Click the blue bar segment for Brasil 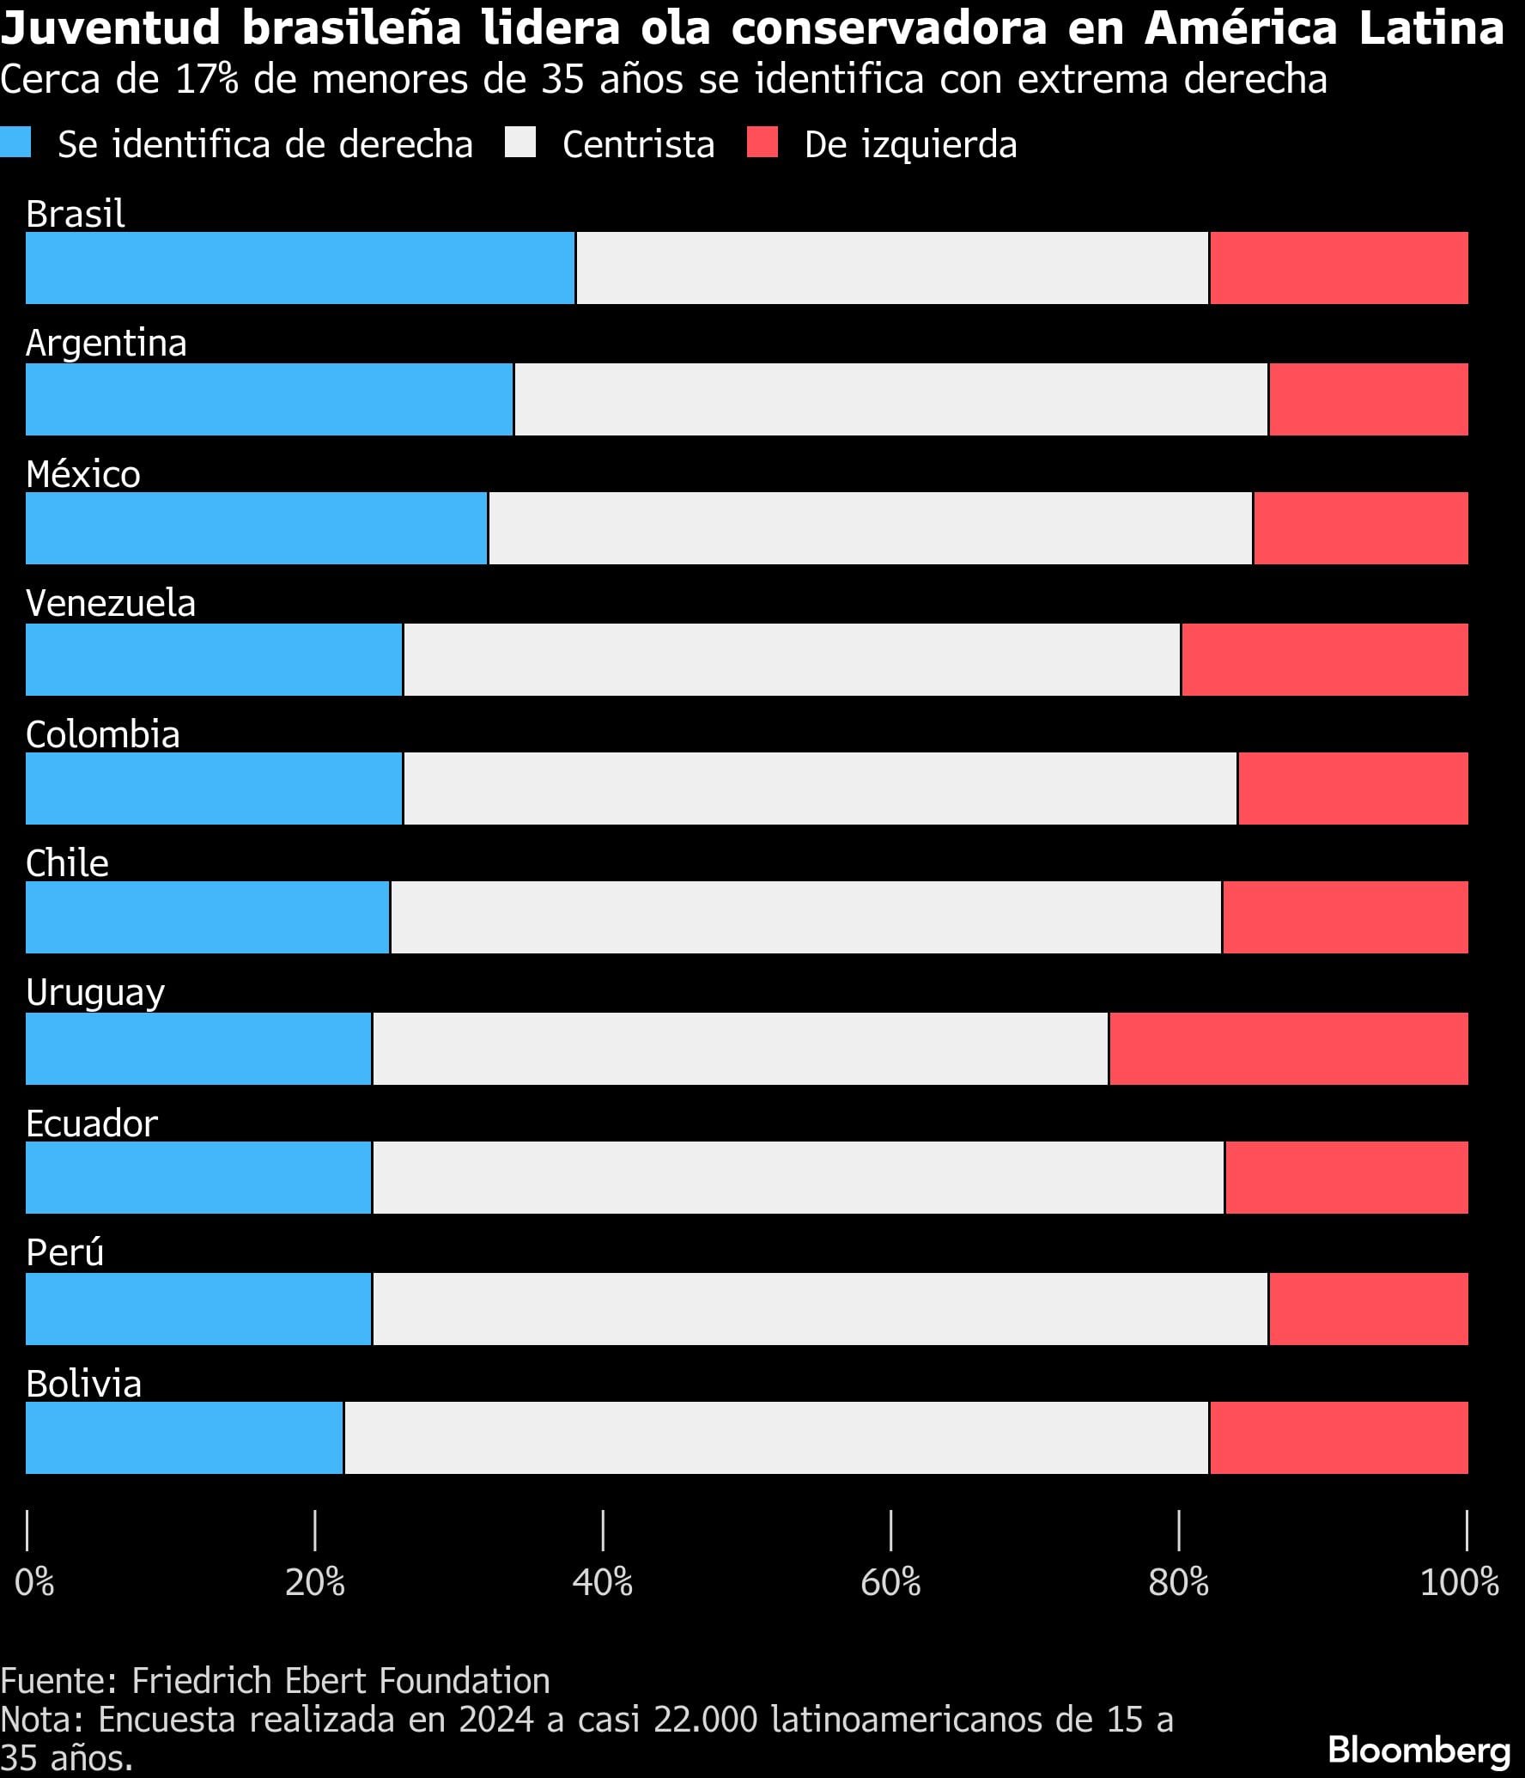pos(300,268)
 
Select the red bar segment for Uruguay pos(1288,1048)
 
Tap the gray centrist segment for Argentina pos(890,399)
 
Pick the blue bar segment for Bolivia pos(184,1438)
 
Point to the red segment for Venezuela pos(1324,660)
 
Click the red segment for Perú pos(1368,1309)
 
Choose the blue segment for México pos(256,528)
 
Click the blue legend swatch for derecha pos(15,143)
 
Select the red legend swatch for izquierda pos(762,143)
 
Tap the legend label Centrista pos(638,144)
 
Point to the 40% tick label pos(603,1582)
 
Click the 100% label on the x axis pos(1459,1582)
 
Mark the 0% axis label pos(34,1582)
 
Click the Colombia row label pos(103,734)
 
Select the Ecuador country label pos(92,1123)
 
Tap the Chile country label pos(67,863)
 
